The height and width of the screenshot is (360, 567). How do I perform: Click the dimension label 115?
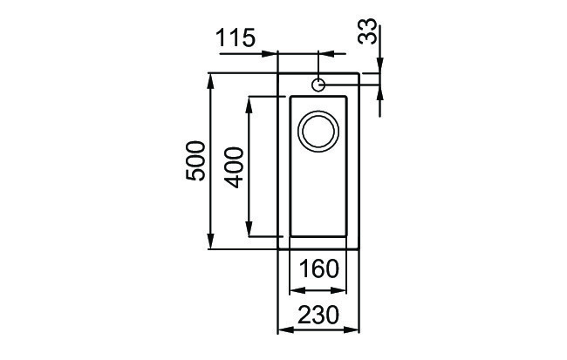[x=236, y=38]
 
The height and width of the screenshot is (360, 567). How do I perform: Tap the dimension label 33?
[x=367, y=31]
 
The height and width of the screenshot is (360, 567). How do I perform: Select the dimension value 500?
[x=195, y=161]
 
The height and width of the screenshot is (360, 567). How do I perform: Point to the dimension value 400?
[x=234, y=167]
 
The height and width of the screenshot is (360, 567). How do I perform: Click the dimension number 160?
[x=319, y=269]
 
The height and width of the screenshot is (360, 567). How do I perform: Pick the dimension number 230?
[x=318, y=315]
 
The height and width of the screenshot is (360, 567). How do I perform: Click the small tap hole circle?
[x=318, y=85]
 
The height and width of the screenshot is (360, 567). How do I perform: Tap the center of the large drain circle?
[x=318, y=131]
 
